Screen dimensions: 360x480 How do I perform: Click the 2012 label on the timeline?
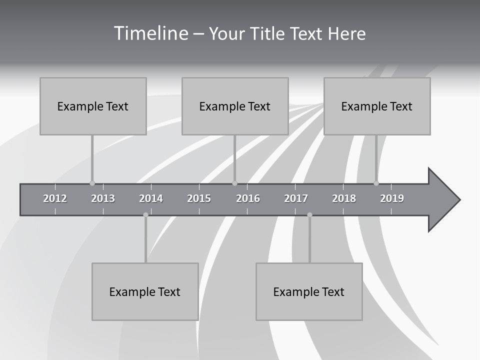55,198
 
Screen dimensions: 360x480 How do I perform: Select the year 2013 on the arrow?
103,198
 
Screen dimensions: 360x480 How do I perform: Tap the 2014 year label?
151,198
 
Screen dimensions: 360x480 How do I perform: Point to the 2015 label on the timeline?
199,198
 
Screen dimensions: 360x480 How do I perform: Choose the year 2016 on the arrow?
248,198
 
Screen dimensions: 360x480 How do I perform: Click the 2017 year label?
296,198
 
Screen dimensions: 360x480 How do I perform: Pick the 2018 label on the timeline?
344,198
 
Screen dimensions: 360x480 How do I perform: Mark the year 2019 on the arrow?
392,198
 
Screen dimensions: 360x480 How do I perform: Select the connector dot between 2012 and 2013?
92,183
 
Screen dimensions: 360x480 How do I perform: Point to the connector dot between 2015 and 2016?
234,183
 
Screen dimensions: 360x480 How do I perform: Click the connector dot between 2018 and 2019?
376,183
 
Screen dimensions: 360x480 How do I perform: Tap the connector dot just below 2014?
145,215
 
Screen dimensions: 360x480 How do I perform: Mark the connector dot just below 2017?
309,215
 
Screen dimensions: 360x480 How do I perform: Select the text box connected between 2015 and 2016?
235,106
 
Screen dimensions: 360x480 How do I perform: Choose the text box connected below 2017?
309,291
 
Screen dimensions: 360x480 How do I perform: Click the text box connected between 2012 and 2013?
93,106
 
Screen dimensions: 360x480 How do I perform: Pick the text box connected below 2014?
145,291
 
